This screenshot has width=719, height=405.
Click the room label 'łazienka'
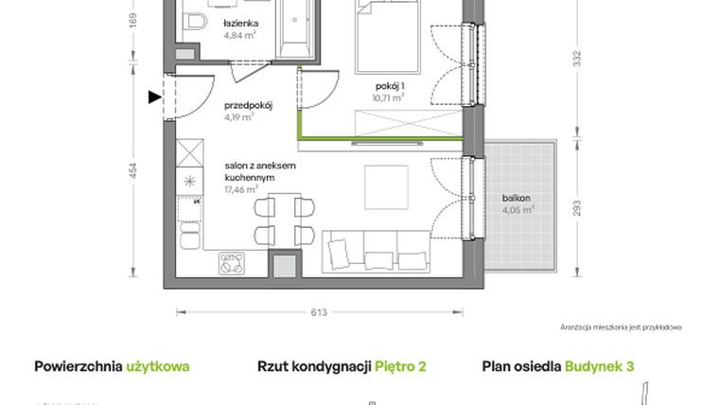[x=242, y=25]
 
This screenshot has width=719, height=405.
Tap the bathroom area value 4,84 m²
[x=241, y=37]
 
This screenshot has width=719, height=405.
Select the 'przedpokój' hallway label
[x=248, y=106]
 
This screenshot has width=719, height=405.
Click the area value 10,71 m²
[x=389, y=96]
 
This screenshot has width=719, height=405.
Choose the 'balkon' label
[x=516, y=198]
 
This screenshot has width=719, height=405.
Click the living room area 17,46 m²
[x=242, y=189]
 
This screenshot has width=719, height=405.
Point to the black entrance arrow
[x=154, y=95]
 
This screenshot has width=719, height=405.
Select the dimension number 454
[x=133, y=171]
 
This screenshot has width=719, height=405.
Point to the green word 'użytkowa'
[x=158, y=366]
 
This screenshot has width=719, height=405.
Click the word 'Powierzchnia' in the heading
[x=78, y=366]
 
